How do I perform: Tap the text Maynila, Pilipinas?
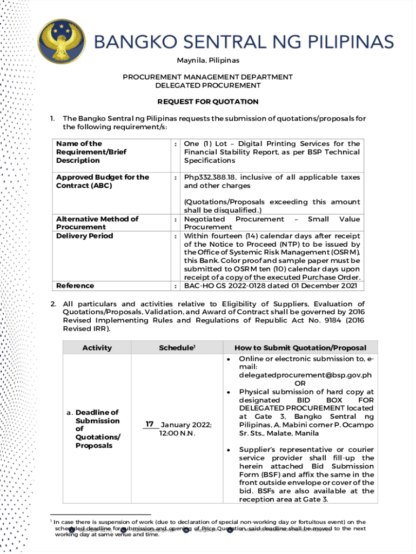pos(208,60)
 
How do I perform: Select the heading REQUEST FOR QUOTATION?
pos(208,102)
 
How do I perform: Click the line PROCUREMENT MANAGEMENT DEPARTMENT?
pos(208,77)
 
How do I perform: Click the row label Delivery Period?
pos(85,236)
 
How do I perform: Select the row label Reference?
pos(75,286)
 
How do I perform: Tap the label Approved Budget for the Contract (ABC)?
pos(103,181)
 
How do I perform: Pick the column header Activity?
pos(97,348)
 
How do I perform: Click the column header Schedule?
pos(176,348)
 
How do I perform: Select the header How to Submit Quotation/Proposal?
pos(300,348)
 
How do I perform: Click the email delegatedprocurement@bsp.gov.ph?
pos(305,375)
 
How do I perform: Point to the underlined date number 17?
pos(150,424)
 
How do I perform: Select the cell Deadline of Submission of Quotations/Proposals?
pos(97,429)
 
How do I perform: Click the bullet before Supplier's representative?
pos(229,450)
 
